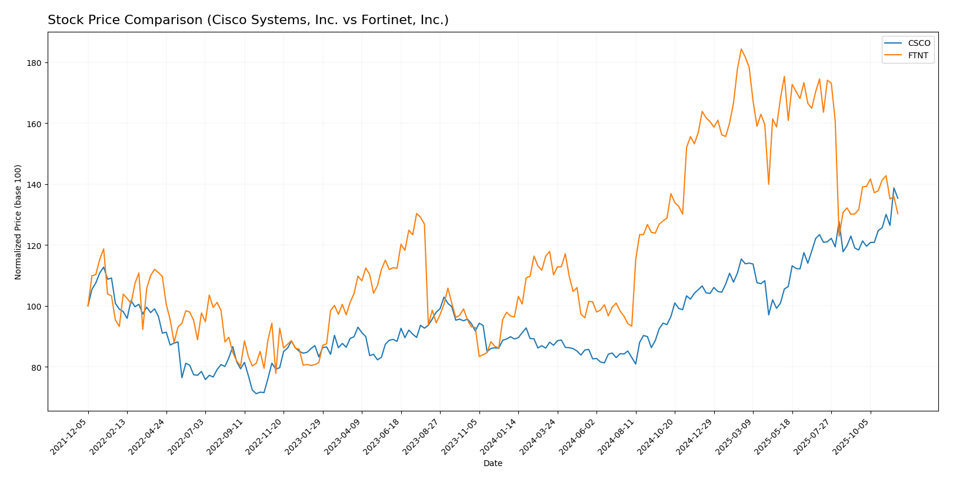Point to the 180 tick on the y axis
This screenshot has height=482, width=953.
pyautogui.click(x=36, y=63)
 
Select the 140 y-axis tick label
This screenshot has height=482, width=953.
pyautogui.click(x=36, y=185)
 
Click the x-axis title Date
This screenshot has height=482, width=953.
pyautogui.click(x=492, y=464)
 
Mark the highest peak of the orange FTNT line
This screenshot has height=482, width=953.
pyautogui.click(x=741, y=49)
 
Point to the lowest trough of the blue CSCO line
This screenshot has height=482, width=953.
pyautogui.click(x=256, y=394)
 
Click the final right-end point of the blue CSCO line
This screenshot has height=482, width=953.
pyautogui.click(x=898, y=198)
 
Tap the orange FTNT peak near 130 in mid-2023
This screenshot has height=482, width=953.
pyautogui.click(x=416, y=213)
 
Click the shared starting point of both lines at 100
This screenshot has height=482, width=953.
pyautogui.click(x=88, y=306)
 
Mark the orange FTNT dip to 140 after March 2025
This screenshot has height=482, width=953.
pyautogui.click(x=768, y=184)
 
